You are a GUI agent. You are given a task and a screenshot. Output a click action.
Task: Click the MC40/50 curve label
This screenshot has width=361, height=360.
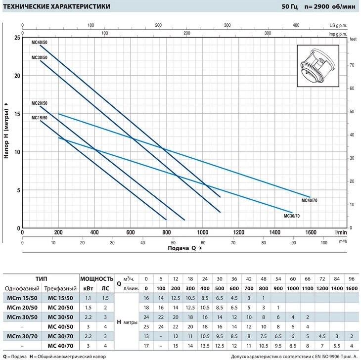point(40,43)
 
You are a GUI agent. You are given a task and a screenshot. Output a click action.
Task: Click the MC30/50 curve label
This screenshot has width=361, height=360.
point(40,58)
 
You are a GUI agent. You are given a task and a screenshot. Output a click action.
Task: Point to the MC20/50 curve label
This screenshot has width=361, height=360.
point(40,103)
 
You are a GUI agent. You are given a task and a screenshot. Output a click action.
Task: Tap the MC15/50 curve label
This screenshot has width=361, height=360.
point(40,118)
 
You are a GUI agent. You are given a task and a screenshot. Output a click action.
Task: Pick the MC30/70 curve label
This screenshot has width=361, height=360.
point(292,216)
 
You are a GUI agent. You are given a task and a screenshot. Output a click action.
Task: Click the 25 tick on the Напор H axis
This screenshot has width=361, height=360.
point(17,38)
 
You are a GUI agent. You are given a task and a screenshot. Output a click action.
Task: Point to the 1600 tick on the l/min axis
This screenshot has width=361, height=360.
point(311,232)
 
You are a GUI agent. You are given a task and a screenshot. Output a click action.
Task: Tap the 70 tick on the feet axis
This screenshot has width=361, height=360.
point(352,65)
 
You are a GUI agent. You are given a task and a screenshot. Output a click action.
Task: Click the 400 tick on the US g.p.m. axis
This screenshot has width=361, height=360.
point(296,24)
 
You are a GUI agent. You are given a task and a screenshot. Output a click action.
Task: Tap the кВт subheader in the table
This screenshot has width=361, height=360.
point(88,288)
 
